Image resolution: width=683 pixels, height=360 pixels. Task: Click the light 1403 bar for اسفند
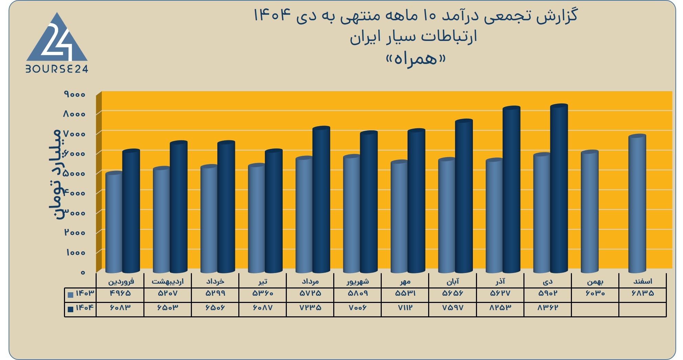tap(637, 204)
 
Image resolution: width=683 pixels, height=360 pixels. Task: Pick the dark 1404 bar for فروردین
tap(131, 211)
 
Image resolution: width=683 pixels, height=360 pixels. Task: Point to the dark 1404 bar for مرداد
tap(321, 200)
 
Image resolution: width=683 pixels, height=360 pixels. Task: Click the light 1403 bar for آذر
tap(495, 216)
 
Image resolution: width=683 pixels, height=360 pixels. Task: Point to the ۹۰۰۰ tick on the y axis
tap(74, 94)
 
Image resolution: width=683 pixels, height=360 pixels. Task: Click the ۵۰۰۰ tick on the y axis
tap(74, 173)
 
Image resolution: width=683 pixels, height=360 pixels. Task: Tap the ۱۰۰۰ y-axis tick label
tap(75, 252)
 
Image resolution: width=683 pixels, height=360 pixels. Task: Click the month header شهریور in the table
tap(358, 282)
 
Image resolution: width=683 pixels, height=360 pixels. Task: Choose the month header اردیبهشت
tap(168, 282)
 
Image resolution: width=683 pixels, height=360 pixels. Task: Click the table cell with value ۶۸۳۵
tap(643, 294)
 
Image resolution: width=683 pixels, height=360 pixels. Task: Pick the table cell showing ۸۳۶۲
tap(548, 308)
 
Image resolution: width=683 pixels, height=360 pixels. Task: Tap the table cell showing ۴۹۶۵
tap(120, 294)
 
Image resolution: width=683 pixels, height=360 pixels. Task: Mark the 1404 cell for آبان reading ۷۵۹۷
tap(453, 308)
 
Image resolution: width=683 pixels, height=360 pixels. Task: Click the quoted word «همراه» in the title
tap(415, 59)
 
